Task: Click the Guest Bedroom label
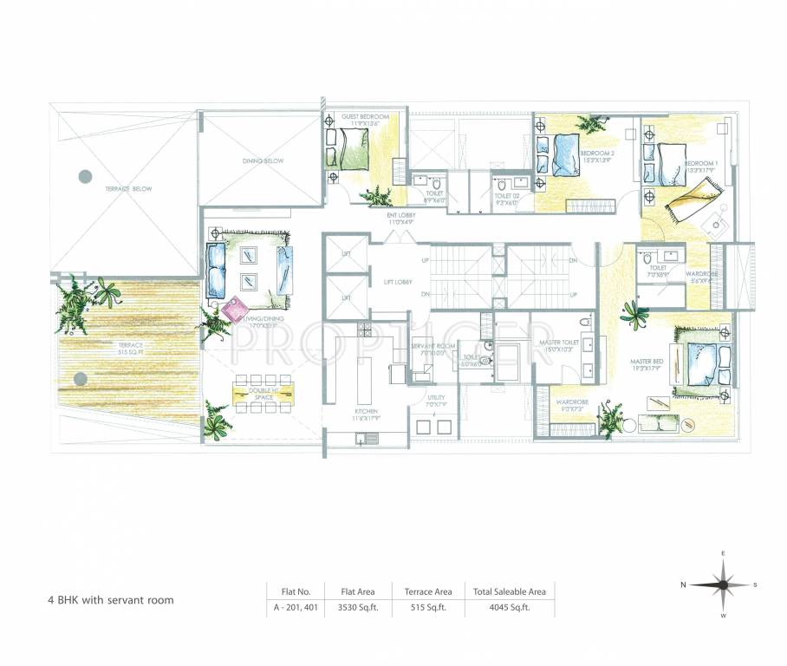(x=364, y=116)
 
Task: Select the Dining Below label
(x=263, y=161)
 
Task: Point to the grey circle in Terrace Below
(x=85, y=176)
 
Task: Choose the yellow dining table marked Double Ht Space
(x=262, y=392)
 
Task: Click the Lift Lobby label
(x=398, y=282)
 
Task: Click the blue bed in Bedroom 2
(x=568, y=154)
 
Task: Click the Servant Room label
(x=427, y=346)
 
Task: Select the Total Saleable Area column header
(x=510, y=591)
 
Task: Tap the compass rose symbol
(x=722, y=584)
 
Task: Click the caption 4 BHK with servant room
(x=110, y=600)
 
